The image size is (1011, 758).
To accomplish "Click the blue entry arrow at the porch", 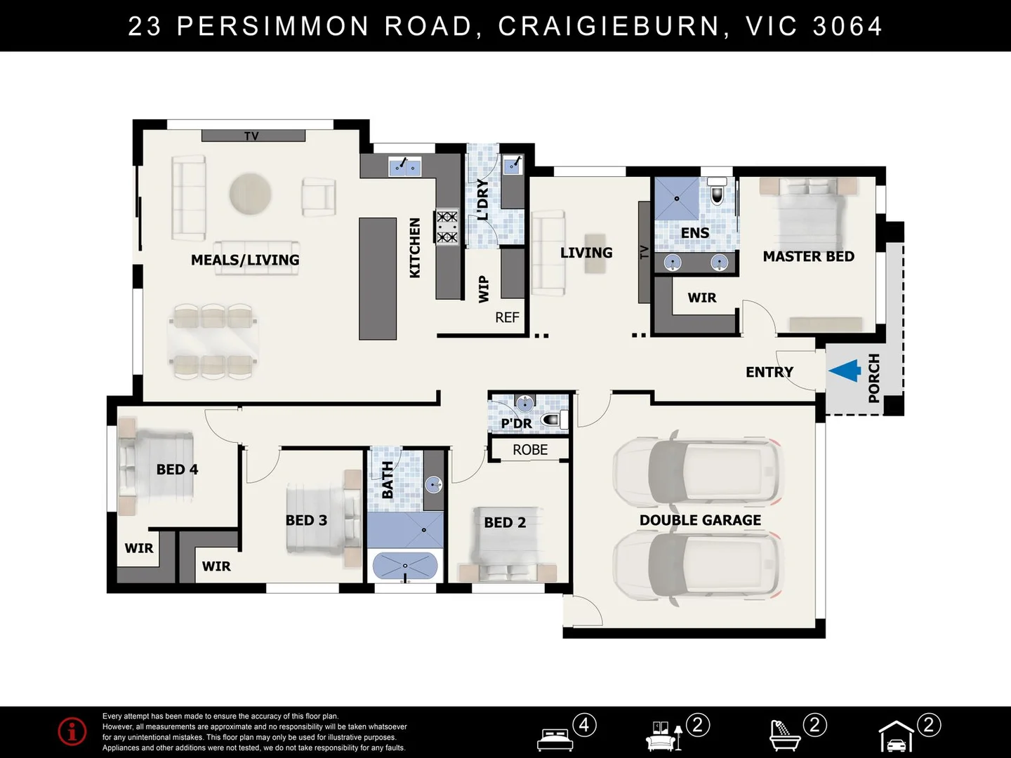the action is click(845, 371).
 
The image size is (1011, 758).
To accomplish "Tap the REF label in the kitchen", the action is click(507, 317).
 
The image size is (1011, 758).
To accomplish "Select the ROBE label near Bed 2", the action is click(530, 450).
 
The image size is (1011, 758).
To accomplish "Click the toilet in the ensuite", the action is click(717, 190).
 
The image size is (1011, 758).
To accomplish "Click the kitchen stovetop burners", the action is click(447, 227).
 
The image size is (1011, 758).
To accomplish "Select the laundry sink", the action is click(513, 165).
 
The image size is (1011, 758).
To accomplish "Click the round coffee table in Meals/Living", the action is click(250, 193).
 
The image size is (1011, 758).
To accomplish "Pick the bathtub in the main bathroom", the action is click(405, 565).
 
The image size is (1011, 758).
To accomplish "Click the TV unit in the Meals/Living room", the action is click(253, 135).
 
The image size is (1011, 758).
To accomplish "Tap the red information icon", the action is click(72, 731).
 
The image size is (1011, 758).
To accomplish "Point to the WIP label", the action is click(484, 289).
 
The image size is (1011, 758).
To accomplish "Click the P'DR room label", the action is click(516, 423).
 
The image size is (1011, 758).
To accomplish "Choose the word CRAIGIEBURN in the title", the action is click(609, 26).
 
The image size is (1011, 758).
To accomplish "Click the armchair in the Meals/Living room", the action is click(319, 197).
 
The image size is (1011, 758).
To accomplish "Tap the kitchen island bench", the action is click(378, 279).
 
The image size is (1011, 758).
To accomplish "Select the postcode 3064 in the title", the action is click(847, 26).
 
